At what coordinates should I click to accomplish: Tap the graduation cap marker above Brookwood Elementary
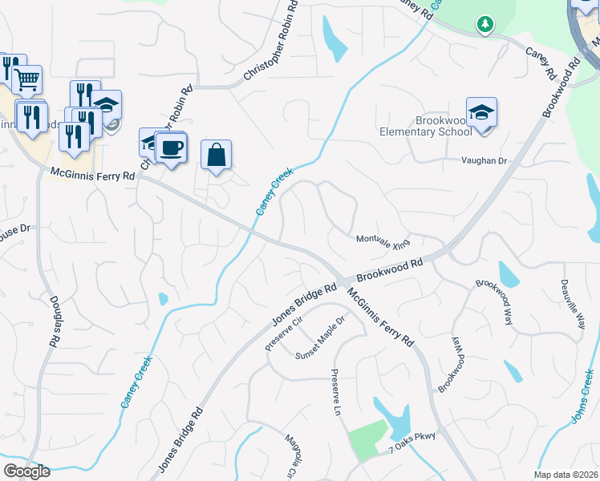[481, 112]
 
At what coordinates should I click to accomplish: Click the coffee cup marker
[170, 148]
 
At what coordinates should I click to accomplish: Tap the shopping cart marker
[27, 79]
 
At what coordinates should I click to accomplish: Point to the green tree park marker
[484, 26]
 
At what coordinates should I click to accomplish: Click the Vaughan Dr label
[484, 161]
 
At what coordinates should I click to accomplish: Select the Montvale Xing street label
[383, 240]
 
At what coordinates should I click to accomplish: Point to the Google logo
[27, 471]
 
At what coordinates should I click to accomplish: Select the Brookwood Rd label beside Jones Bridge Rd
[389, 269]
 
